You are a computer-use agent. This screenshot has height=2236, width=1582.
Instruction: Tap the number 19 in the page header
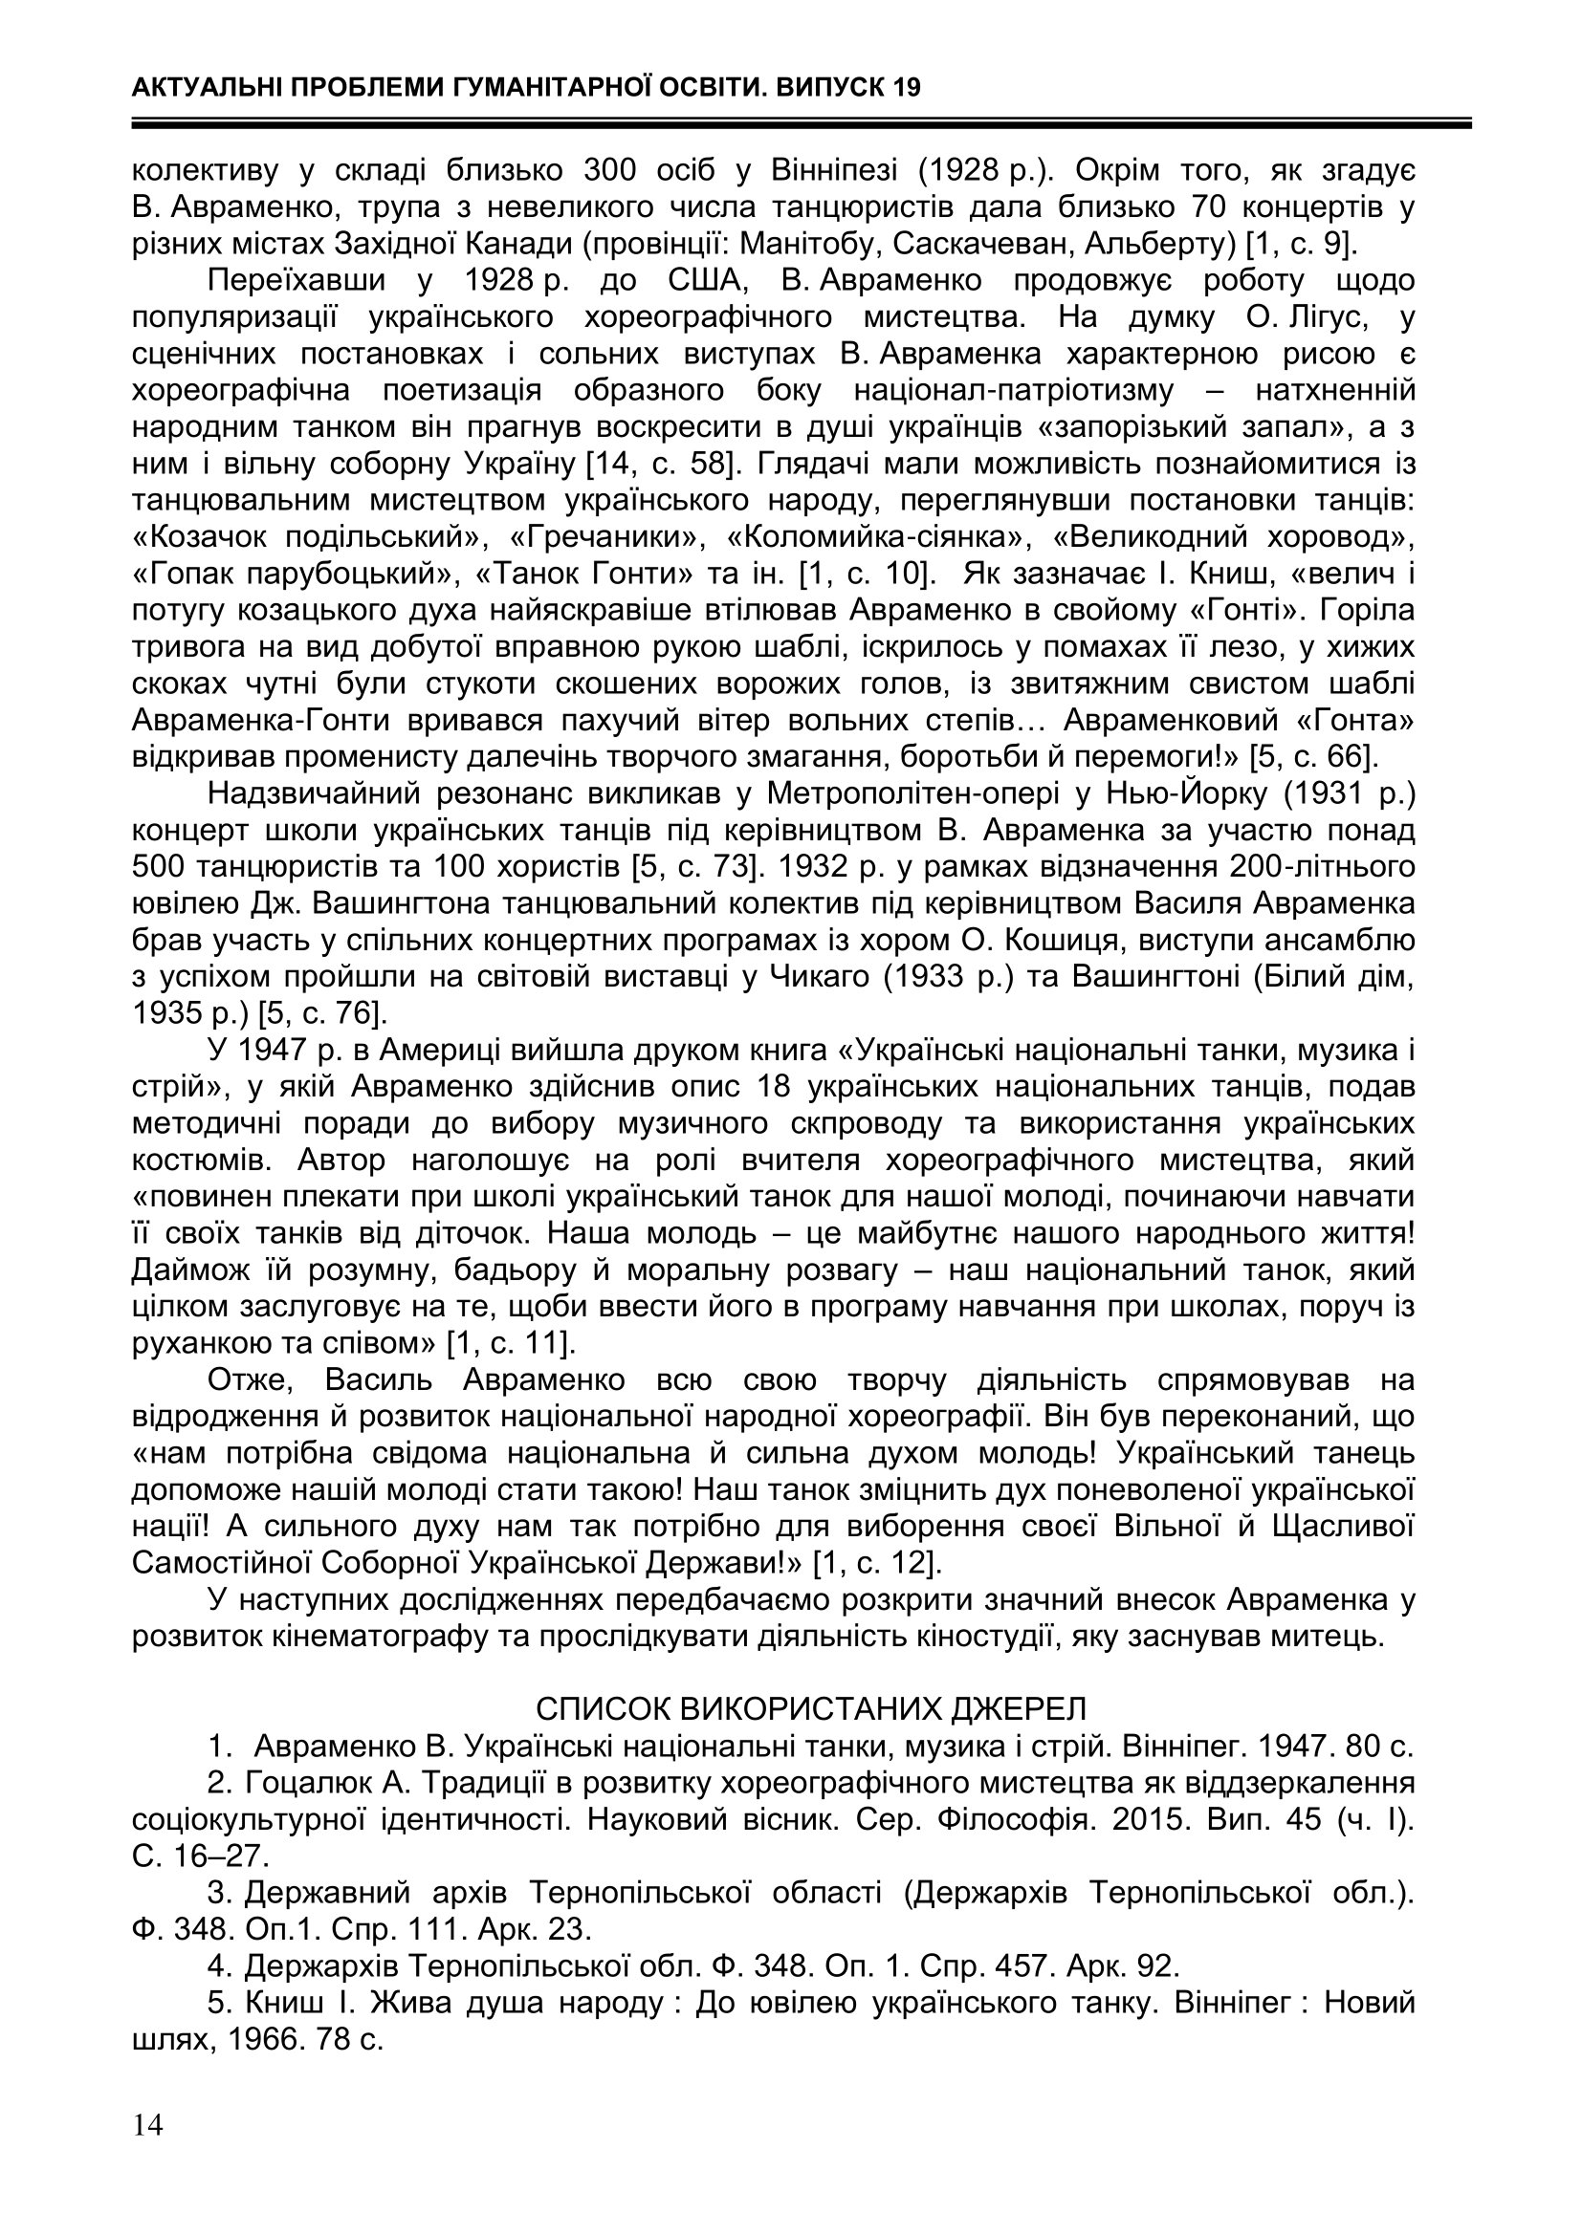click(904, 89)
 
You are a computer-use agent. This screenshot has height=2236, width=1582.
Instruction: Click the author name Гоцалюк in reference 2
click(302, 1782)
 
